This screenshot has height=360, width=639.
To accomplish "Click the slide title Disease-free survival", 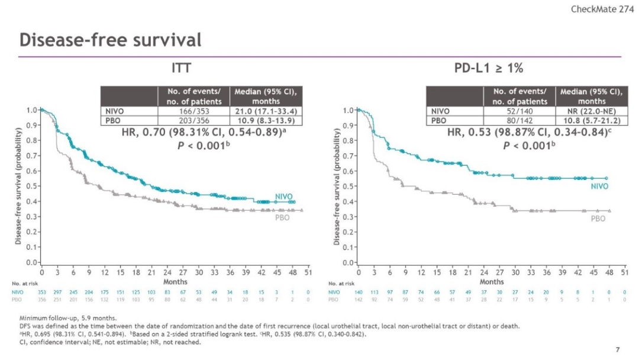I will point(111,40).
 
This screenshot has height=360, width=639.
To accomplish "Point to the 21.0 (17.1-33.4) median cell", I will point(266,111).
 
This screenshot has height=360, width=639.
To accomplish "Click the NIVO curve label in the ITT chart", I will point(284,197).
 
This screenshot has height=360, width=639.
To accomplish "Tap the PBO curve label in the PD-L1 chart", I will point(598,218).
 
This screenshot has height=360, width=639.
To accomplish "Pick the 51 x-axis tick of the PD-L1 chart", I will point(624,272).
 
